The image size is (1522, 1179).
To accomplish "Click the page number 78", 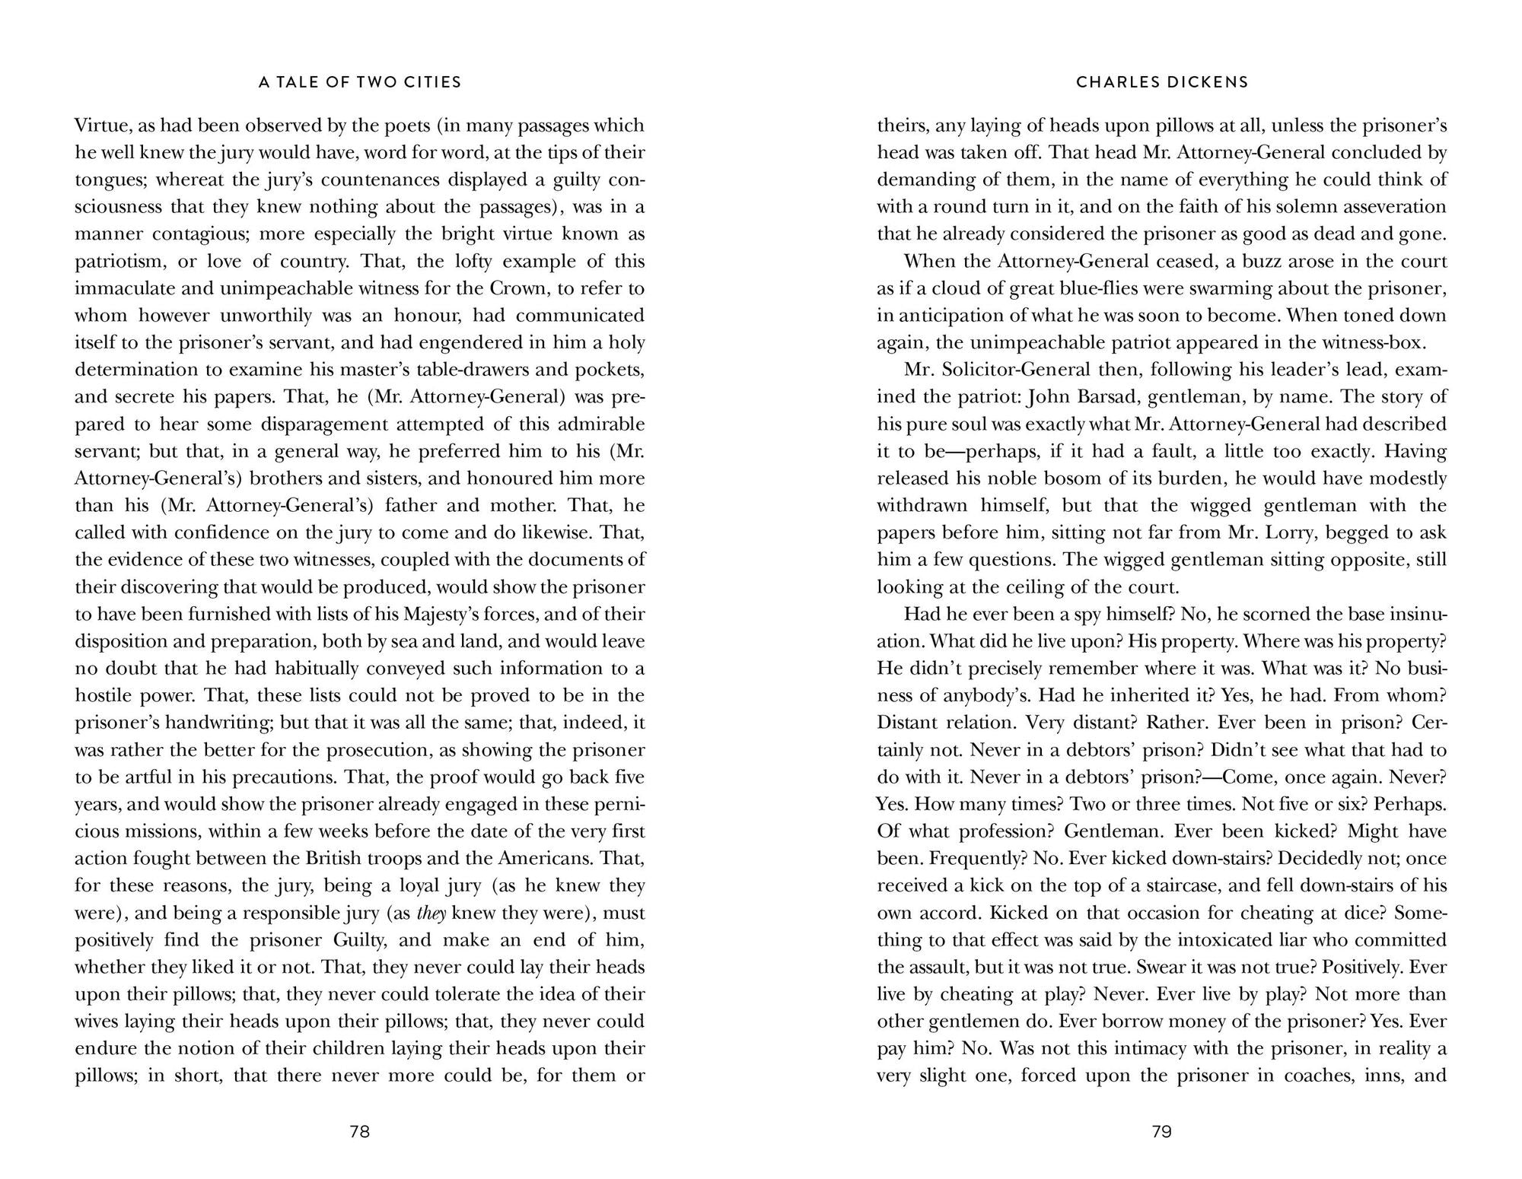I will coord(359,1132).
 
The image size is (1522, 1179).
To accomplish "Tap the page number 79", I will coord(1161,1132).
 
